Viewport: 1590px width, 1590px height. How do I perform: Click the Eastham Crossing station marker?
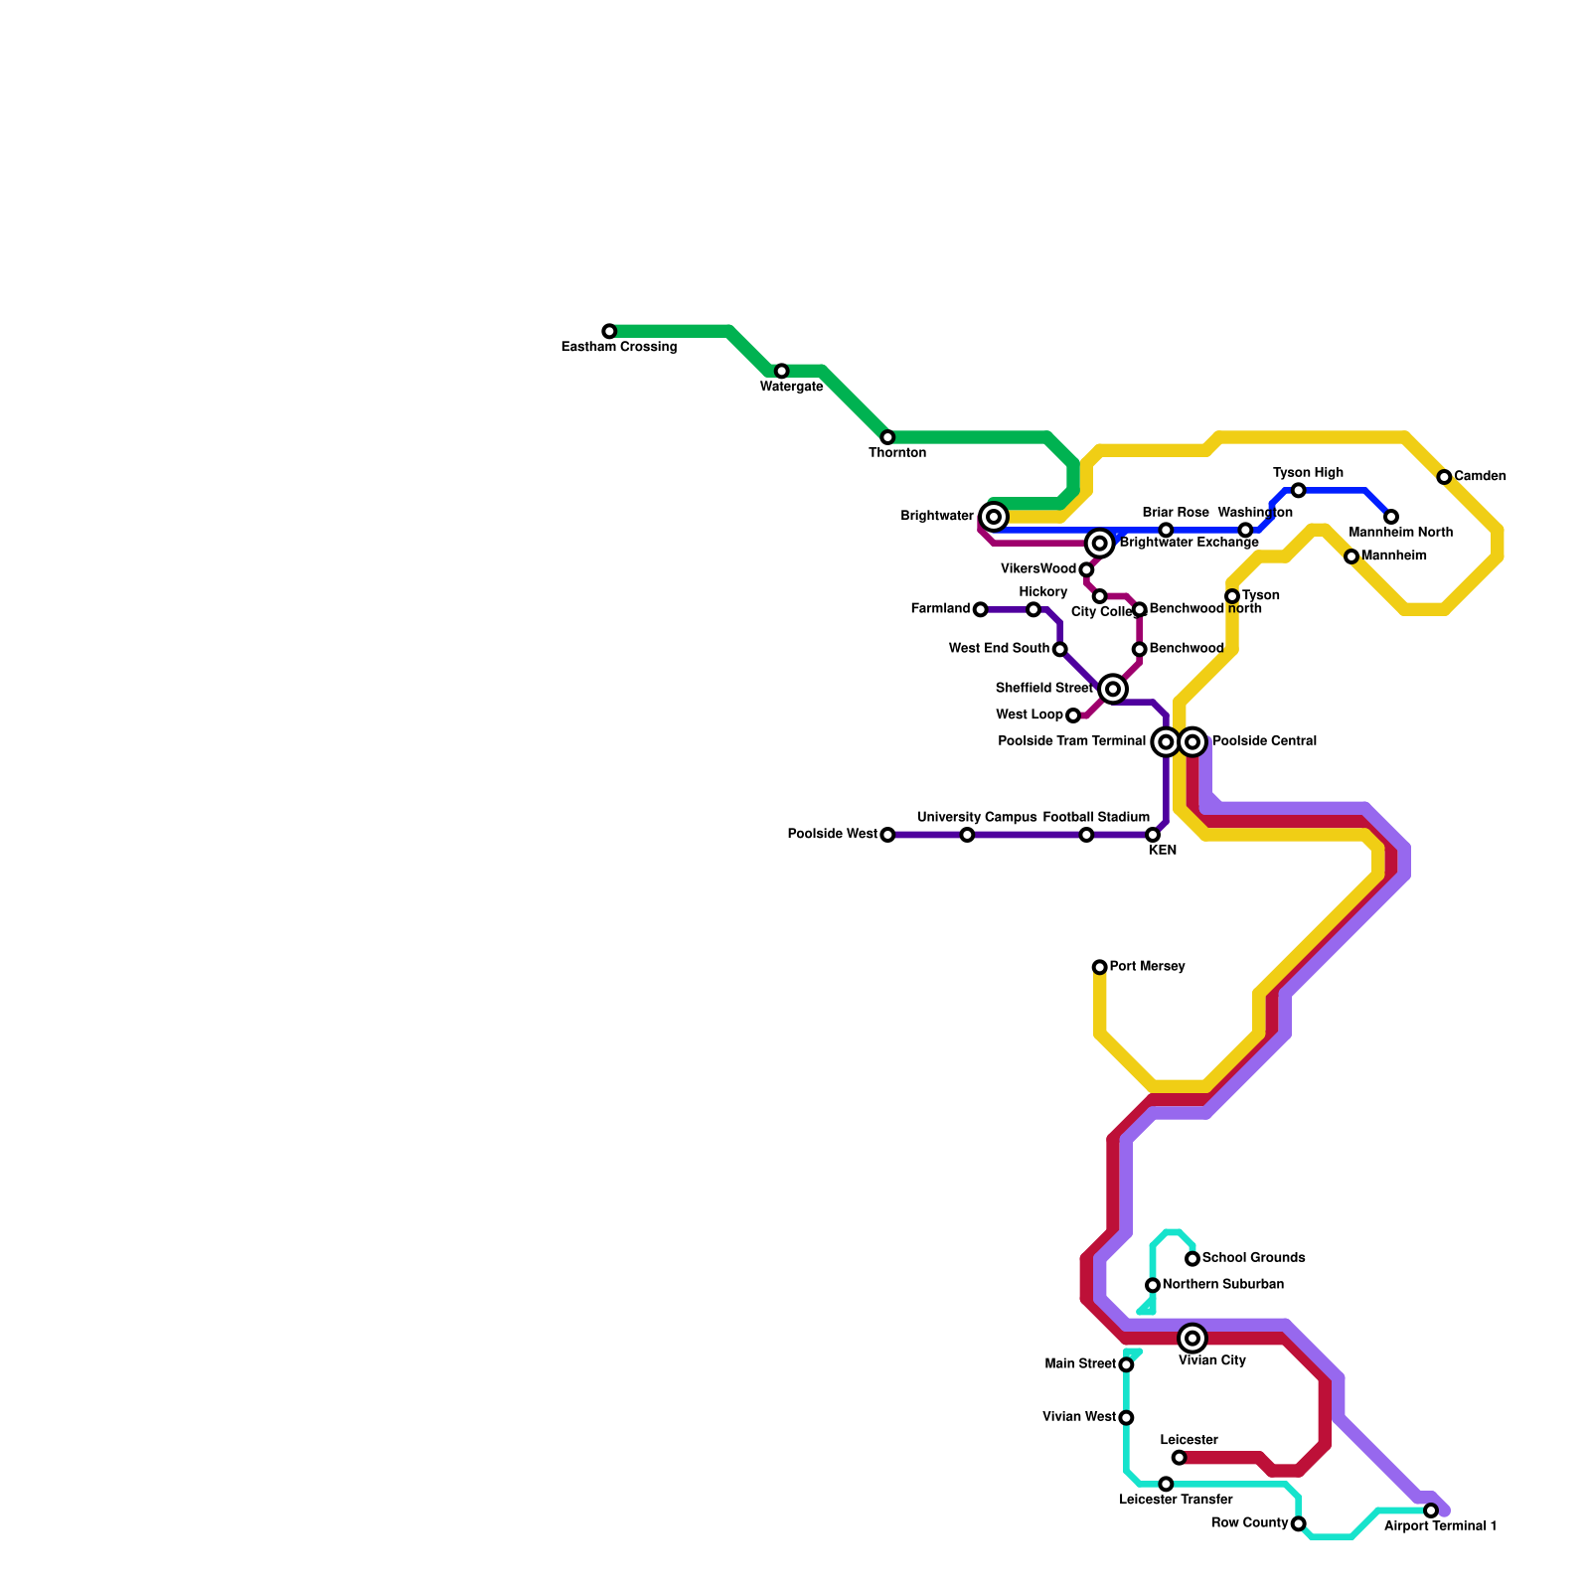coord(609,331)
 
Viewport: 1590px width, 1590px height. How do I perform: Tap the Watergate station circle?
coord(781,371)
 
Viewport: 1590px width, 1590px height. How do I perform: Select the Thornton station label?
coord(897,453)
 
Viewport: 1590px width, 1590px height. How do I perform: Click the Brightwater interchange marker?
coord(994,517)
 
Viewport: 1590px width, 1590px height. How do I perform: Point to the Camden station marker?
coord(1444,477)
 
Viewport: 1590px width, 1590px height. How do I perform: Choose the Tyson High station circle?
coord(1298,490)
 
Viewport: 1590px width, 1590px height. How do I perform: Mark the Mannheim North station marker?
coord(1391,517)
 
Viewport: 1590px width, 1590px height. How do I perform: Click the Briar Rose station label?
coord(1176,513)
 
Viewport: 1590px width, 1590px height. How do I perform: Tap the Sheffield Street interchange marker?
coord(1113,689)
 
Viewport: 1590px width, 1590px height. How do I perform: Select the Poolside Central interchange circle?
coord(1193,741)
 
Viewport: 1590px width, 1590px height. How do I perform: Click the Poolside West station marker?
coord(887,835)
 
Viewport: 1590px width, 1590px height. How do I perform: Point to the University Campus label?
coord(977,818)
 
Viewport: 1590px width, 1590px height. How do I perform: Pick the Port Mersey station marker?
coord(1099,967)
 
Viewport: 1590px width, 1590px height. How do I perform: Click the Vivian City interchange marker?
coord(1193,1339)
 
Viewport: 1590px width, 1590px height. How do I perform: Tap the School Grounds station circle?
coord(1192,1259)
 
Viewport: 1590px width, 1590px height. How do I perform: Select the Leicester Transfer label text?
coord(1176,1500)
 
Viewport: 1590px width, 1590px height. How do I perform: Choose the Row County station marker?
coord(1298,1523)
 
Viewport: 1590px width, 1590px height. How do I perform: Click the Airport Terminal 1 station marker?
coord(1431,1510)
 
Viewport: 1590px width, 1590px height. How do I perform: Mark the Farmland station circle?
coord(980,609)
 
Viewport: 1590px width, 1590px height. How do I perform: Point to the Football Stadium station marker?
coord(1086,835)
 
